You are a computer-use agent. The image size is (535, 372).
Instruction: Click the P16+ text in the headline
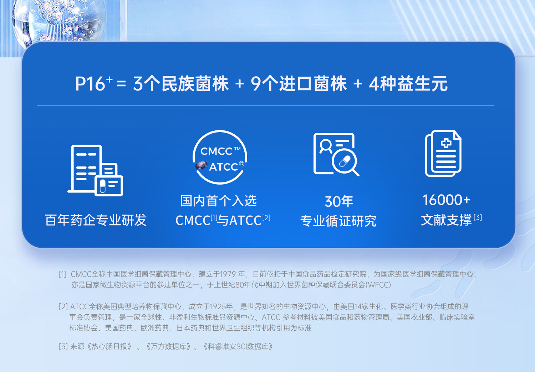pyautogui.click(x=94, y=83)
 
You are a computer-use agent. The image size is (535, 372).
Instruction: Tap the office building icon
pyautogui.click(x=95, y=170)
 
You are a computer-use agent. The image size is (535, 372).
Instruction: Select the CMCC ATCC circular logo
pyautogui.click(x=220, y=157)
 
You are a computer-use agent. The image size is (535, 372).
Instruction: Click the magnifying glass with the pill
pyautogui.click(x=345, y=162)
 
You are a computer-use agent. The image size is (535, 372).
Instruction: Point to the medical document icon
pyautogui.click(x=443, y=154)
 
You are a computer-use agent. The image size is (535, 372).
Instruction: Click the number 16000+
pyautogui.click(x=446, y=200)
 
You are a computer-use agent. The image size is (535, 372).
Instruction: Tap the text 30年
pyautogui.click(x=339, y=201)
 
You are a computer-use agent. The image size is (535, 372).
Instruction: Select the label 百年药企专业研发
pyautogui.click(x=96, y=220)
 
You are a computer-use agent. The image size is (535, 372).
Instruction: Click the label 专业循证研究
pyautogui.click(x=338, y=221)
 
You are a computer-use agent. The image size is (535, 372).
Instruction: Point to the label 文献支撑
pyautogui.click(x=446, y=220)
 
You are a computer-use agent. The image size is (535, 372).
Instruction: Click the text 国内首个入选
pyautogui.click(x=218, y=201)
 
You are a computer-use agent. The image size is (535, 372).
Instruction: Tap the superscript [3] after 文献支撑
pyautogui.click(x=478, y=217)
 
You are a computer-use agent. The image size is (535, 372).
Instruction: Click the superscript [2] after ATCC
pyautogui.click(x=266, y=218)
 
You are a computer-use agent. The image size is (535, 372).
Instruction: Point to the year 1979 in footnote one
pyautogui.click(x=228, y=274)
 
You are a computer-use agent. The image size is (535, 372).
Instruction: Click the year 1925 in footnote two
pyautogui.click(x=218, y=306)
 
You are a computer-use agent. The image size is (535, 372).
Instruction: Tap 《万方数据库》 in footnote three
pyautogui.click(x=169, y=346)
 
